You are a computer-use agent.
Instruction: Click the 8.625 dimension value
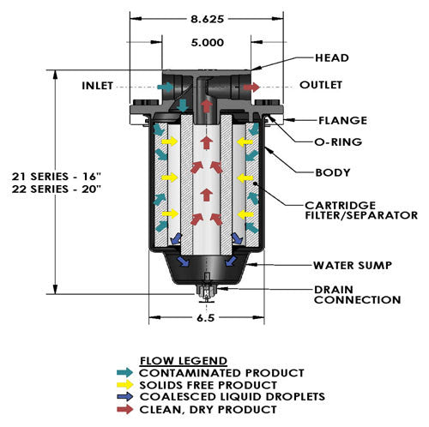(207, 19)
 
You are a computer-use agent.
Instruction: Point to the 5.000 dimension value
(208, 43)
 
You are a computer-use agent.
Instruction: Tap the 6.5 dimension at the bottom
(205, 318)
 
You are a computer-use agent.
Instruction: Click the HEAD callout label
(332, 58)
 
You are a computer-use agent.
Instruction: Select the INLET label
(97, 86)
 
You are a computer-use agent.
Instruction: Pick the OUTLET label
(321, 85)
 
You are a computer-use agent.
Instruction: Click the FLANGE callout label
(342, 120)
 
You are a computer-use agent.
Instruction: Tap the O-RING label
(338, 141)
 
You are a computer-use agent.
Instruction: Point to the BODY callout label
(333, 172)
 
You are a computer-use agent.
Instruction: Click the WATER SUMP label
(353, 265)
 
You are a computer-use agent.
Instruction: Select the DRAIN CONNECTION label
(357, 295)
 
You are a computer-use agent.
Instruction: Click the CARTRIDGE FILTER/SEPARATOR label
(361, 210)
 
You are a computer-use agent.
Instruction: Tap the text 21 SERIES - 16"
(57, 177)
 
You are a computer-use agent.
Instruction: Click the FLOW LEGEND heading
(184, 361)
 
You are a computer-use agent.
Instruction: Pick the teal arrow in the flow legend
(124, 372)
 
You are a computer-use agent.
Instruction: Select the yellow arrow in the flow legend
(124, 385)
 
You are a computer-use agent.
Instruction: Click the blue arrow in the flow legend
(124, 397)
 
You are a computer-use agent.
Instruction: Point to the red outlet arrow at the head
(251, 87)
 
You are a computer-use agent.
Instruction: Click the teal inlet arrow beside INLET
(166, 87)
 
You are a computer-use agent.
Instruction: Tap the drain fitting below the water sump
(206, 293)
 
